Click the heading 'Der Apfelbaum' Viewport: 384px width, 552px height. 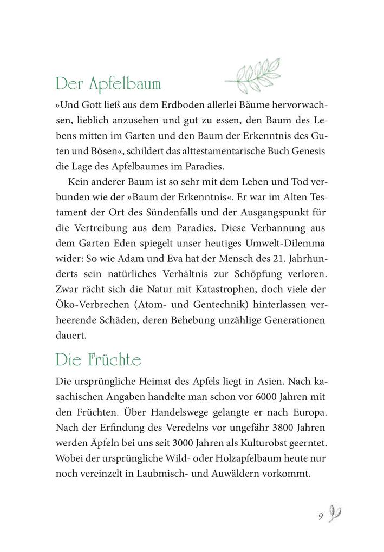click(108, 86)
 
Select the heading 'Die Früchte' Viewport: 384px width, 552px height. click(98, 360)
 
